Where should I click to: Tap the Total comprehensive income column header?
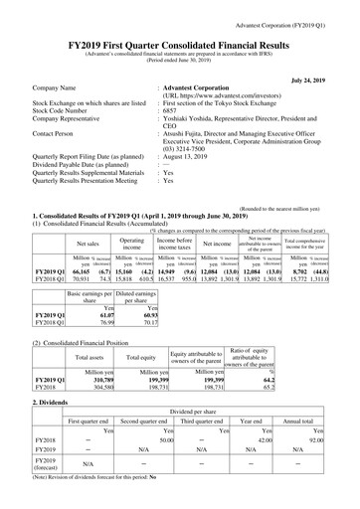click(x=313, y=216)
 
